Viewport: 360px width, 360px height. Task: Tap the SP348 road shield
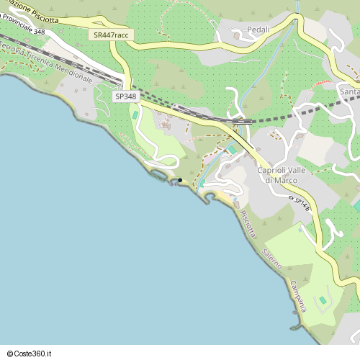(125, 96)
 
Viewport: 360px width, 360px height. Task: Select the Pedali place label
(257, 30)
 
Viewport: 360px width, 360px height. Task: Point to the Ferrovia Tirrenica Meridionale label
(46, 63)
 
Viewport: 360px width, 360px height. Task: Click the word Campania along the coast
(297, 295)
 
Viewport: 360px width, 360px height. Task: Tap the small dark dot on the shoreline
(180, 180)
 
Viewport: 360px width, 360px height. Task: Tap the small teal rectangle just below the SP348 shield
(135, 115)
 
